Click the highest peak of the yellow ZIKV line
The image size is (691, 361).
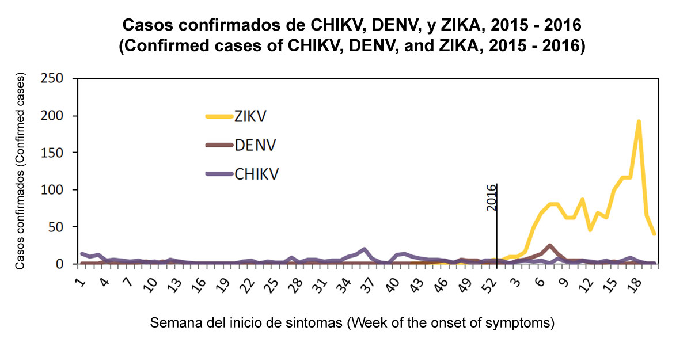(639, 121)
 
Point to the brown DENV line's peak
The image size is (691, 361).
(550, 245)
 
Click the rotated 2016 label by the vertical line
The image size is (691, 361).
(491, 197)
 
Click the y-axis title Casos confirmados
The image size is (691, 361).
(21, 172)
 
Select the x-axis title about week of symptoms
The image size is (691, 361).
(352, 323)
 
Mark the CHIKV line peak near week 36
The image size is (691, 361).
(364, 249)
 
